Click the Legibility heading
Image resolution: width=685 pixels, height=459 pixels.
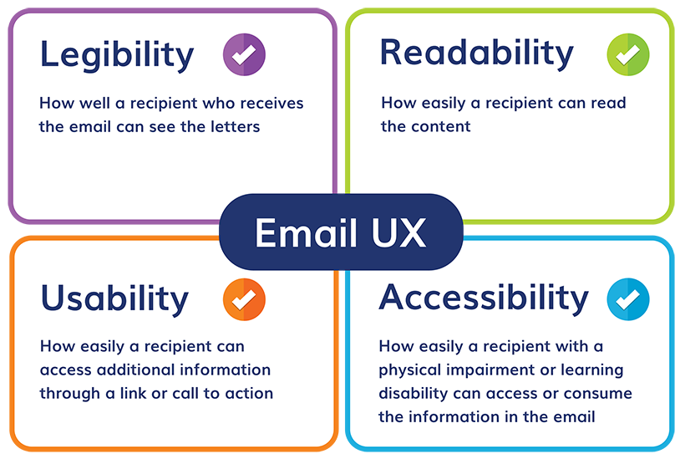point(117,55)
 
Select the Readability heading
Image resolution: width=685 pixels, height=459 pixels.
point(477,54)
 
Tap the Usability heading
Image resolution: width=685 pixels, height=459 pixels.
point(114,299)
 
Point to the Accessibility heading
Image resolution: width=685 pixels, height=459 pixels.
point(484,298)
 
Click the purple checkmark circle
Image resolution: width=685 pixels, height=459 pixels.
point(244,54)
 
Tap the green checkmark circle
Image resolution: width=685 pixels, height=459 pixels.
point(628,54)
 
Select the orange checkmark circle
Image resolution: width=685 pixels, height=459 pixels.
point(244,299)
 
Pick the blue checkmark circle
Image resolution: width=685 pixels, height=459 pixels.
point(628,299)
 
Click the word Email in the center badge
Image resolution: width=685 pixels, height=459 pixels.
point(307,232)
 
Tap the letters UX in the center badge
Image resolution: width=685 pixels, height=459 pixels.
point(398,232)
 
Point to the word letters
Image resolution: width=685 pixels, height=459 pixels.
point(236,127)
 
